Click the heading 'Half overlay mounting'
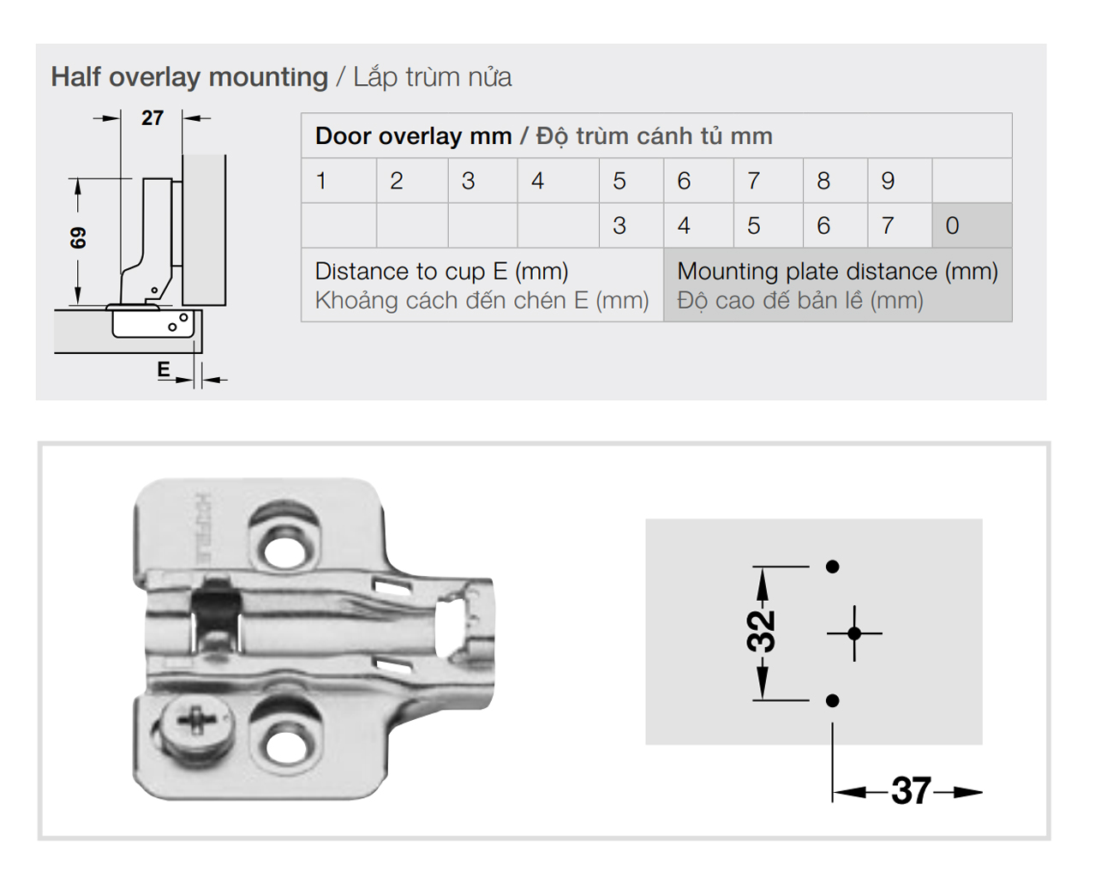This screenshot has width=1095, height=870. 189,77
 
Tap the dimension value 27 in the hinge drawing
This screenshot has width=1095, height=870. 153,118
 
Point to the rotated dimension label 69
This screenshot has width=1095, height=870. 78,237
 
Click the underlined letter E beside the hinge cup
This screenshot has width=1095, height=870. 164,369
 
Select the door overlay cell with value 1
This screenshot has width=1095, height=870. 321,181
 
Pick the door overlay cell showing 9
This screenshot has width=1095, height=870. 888,181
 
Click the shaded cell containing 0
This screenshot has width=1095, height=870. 953,225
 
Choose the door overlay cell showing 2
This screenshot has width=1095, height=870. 396,181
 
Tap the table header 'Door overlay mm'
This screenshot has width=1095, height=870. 413,136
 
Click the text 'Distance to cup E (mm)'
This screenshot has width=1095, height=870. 441,272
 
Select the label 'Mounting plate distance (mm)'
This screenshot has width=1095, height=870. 837,272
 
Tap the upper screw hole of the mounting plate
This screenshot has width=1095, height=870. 285,547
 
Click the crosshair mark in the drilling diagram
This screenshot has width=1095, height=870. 854,633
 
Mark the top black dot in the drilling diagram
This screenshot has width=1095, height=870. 832,567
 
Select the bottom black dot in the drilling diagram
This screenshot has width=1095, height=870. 832,701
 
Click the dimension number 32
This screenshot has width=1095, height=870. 762,632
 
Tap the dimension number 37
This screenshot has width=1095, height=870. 910,791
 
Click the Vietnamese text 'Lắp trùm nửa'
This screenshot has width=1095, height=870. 433,77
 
